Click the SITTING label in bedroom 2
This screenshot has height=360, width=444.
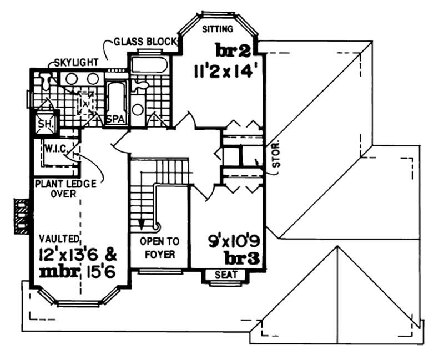pyautogui.click(x=218, y=28)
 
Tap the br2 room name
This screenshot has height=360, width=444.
pyautogui.click(x=234, y=52)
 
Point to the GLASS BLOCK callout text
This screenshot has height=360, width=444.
pyautogui.click(x=144, y=42)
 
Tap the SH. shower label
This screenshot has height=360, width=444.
pyautogui.click(x=44, y=125)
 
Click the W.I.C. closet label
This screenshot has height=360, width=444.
pyautogui.click(x=56, y=149)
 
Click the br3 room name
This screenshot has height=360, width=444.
pyautogui.click(x=243, y=258)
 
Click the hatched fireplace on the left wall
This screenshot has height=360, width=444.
pyautogui.click(x=21, y=216)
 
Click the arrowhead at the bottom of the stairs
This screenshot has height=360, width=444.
pyautogui.click(x=142, y=224)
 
